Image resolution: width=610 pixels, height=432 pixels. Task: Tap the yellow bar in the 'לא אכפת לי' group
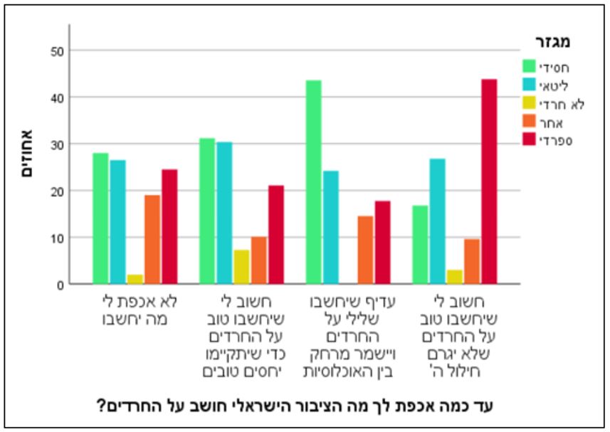[x=135, y=279]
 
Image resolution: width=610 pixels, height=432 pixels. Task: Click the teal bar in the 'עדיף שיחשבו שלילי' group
[x=330, y=227]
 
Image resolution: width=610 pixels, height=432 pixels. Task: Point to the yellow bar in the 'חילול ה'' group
[x=455, y=277]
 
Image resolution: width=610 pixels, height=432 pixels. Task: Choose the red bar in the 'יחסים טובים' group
[x=275, y=234]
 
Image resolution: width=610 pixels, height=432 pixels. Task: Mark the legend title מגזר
[x=553, y=42]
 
